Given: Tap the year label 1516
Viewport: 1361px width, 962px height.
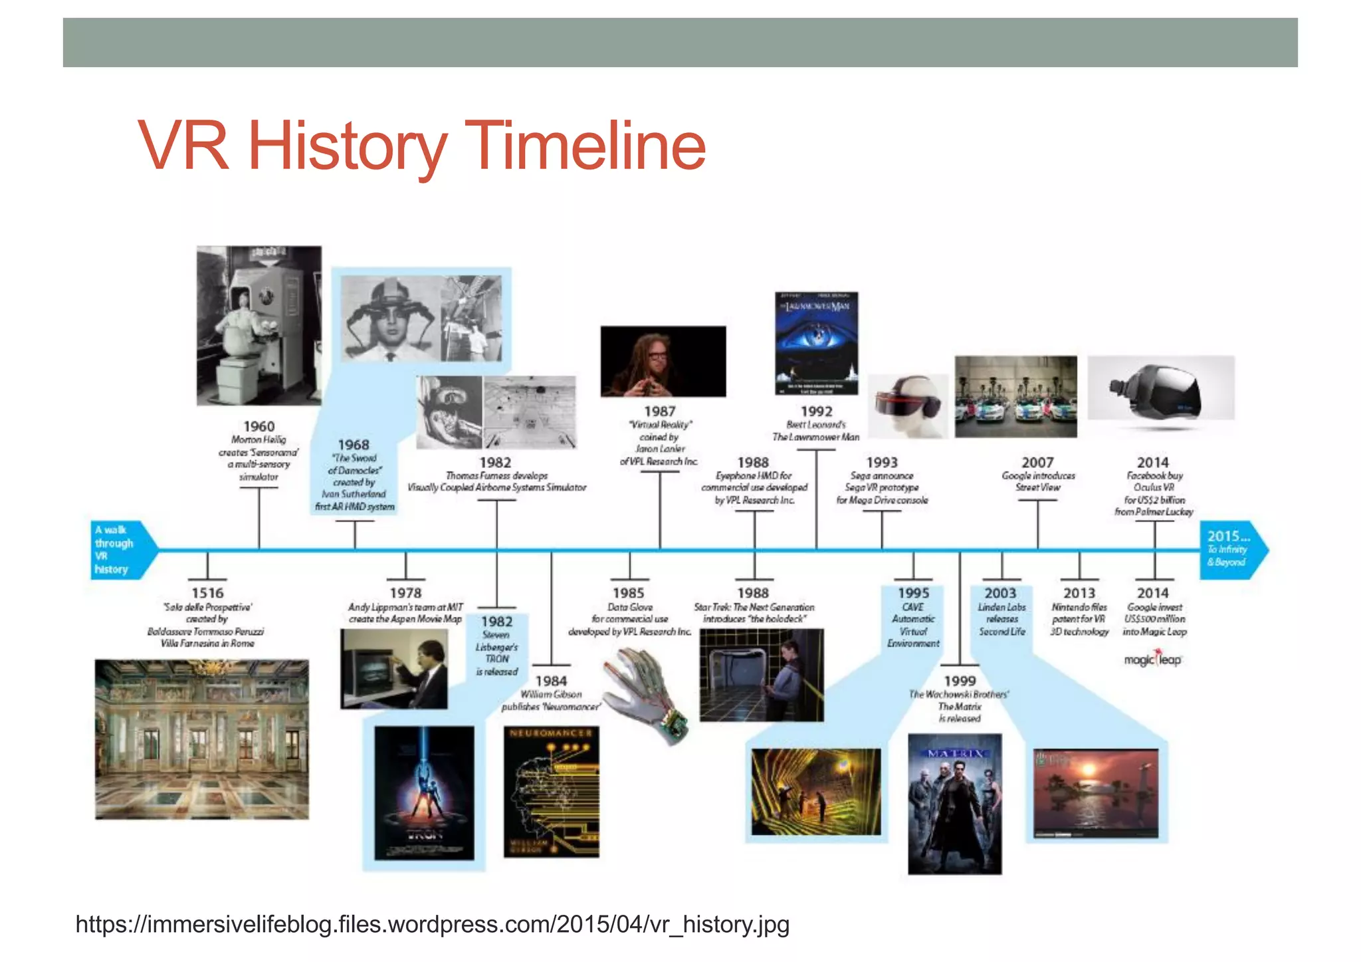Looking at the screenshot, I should click(207, 592).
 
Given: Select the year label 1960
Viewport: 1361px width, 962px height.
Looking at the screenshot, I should click(259, 426).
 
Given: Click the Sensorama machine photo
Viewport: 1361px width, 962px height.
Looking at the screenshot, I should click(259, 325).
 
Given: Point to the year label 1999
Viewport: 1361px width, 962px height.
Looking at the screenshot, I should click(960, 681).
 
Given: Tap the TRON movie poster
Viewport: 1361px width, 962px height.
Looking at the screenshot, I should click(424, 792).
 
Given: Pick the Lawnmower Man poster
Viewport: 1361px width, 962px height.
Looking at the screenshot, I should click(816, 343).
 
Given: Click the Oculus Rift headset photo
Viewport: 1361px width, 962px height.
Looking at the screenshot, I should click(1160, 388).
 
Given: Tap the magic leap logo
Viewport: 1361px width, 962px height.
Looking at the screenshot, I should click(1153, 660).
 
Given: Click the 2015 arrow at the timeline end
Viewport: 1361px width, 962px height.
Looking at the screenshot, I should click(1231, 550).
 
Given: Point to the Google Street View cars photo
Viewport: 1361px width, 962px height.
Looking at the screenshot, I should click(1015, 397).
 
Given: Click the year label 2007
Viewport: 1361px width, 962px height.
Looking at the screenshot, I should click(1037, 462).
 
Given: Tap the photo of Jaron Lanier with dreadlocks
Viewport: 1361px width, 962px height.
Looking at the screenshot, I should click(663, 362).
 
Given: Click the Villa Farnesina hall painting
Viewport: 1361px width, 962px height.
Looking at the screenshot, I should click(201, 739).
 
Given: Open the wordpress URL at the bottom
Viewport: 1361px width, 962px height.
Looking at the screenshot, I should click(432, 924).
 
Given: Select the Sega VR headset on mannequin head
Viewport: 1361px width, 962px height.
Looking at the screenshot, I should click(908, 406).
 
